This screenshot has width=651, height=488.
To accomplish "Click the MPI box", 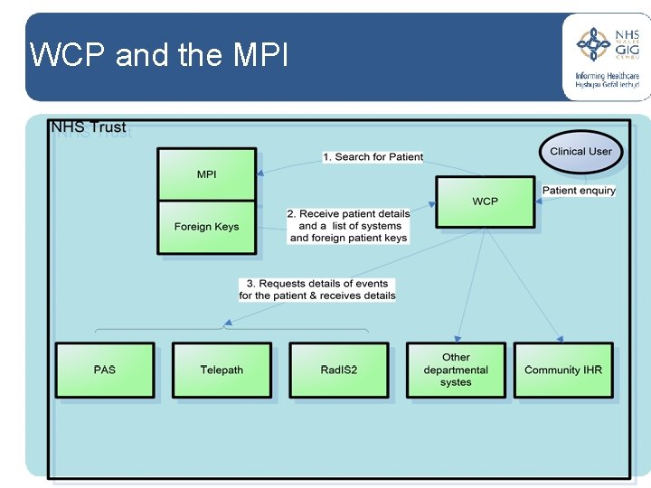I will (x=206, y=174).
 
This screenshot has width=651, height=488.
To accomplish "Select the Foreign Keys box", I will (x=206, y=227).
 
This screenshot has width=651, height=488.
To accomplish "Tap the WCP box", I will (x=485, y=201).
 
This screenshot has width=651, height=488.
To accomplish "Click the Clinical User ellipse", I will (x=580, y=152).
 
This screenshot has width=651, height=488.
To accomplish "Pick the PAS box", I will (x=104, y=370).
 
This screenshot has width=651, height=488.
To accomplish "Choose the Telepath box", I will (x=222, y=370).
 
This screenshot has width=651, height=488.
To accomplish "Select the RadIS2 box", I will (x=338, y=370).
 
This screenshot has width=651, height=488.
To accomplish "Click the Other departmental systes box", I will (x=456, y=370).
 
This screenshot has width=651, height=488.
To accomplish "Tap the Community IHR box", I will (x=563, y=370).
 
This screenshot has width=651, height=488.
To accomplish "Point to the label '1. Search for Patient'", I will (x=373, y=156).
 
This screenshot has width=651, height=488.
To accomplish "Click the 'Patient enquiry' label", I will (x=579, y=191).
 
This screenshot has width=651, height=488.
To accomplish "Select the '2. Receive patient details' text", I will (x=348, y=214).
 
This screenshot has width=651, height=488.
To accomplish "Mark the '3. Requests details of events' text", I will (x=317, y=284).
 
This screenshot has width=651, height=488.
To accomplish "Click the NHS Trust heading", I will (x=89, y=127).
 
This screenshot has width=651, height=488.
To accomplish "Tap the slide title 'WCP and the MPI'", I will (x=159, y=56).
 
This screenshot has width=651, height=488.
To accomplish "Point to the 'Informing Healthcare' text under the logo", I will (x=607, y=77).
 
